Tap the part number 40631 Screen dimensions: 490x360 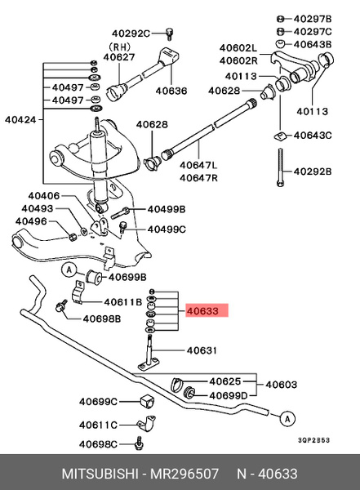pos(202,350)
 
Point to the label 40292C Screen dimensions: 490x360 pos(131,33)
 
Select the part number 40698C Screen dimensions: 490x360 pos(98,444)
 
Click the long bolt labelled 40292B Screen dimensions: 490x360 pos(280,171)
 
